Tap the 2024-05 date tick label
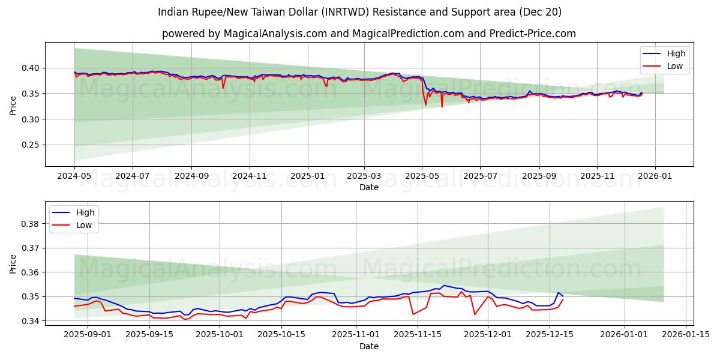tap(74, 176)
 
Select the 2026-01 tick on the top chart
tap(655, 176)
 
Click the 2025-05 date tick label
tap(422, 176)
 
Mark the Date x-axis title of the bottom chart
tap(369, 346)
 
